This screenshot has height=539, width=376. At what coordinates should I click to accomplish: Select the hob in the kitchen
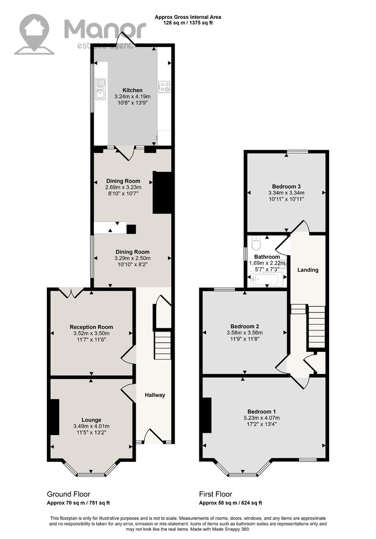pos(164,87)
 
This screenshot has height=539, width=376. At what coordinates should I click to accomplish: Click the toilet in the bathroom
pos(256,244)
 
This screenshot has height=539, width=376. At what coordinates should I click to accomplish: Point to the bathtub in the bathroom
pos(267,279)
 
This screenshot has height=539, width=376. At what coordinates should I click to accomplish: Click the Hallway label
pos(155,395)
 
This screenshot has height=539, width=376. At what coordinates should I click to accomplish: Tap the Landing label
pos(308,270)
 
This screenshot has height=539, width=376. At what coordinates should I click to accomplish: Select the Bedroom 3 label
pos(286,186)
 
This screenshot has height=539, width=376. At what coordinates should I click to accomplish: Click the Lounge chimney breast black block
pos(55,417)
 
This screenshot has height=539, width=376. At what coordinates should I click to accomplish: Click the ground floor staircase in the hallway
pos(162,345)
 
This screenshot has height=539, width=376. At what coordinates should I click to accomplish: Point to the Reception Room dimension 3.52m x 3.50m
pos(92,334)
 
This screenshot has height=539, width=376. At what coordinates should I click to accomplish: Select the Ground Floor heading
pos(68,494)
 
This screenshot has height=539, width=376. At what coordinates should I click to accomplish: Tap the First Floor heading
pos(215,494)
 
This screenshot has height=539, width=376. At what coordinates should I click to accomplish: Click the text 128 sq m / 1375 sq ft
pos(187,23)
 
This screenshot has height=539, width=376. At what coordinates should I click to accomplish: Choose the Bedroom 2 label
pos(245,326)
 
